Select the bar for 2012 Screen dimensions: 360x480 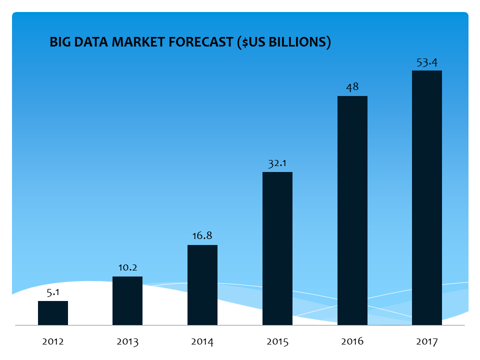53,313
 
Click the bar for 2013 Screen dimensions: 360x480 127,301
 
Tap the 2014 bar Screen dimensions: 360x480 202,285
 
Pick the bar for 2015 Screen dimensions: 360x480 277,248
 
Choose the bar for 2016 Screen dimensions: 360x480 352,210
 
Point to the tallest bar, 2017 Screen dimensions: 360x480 427,198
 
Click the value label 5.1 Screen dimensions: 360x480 53,292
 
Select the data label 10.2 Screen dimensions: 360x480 127,267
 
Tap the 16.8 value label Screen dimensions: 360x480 202,236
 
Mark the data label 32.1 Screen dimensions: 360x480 277,163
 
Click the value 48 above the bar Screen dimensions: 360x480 352,87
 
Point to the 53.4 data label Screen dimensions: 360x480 427,62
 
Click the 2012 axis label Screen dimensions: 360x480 53,342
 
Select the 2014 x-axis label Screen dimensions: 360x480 202,342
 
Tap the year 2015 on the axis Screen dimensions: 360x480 277,342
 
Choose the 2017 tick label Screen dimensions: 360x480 427,342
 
